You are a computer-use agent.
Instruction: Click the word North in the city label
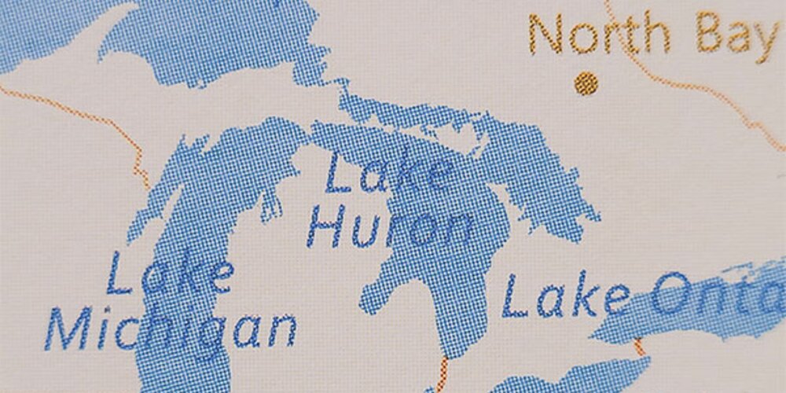[600, 35]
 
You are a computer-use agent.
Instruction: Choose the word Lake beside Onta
[565, 297]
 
